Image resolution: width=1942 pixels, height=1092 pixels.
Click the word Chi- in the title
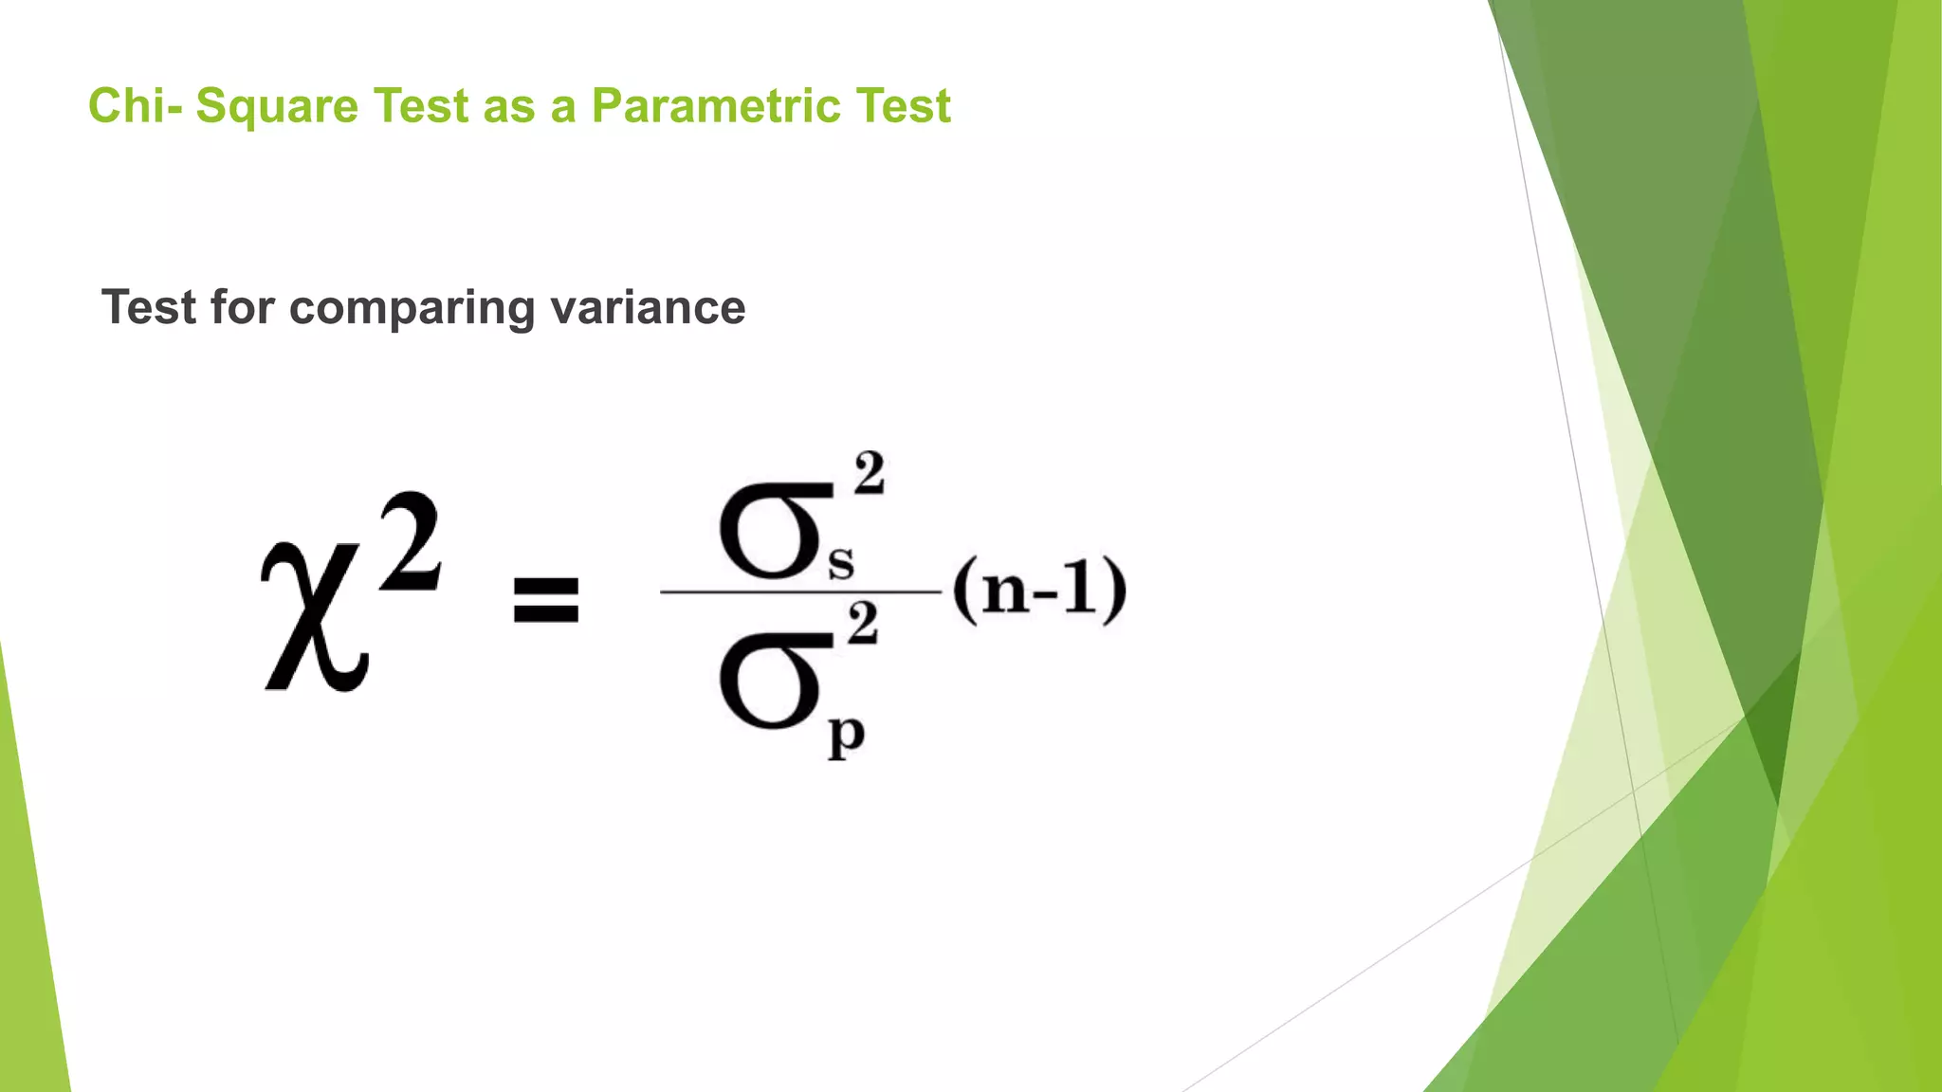135,105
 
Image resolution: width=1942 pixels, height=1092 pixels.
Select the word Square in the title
277,107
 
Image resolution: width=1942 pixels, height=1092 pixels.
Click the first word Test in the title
421,105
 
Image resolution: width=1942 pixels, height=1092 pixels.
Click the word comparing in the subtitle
412,309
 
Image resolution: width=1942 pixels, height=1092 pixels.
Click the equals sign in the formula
545,600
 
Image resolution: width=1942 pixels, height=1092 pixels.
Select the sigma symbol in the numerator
772,531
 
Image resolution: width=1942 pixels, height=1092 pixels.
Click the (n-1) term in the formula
1039,591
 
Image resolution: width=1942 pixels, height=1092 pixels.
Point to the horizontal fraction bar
801,592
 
